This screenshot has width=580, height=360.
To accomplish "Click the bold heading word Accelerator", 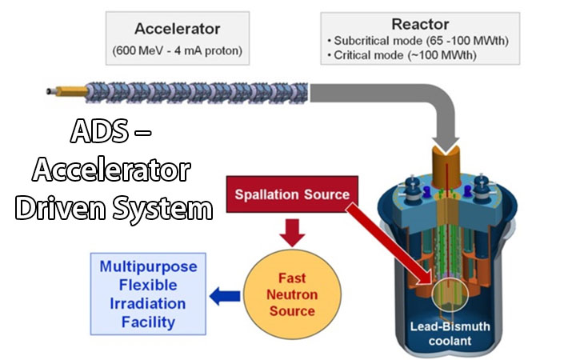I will tap(177, 29).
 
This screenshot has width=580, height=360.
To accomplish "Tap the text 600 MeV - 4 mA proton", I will tap(177, 54).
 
